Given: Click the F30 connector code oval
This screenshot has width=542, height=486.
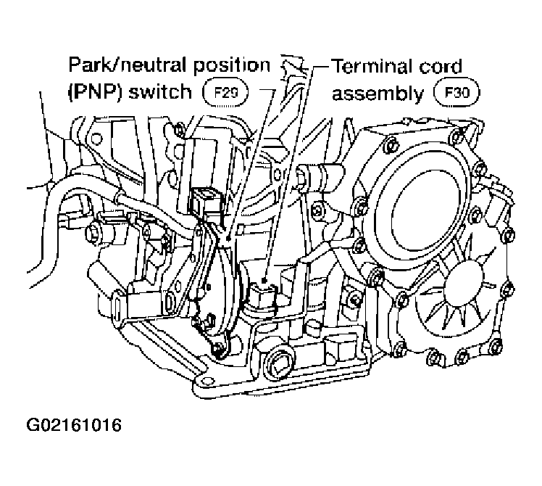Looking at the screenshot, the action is (457, 93).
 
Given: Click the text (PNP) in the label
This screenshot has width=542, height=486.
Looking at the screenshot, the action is (95, 92).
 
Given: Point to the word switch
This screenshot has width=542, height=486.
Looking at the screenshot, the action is (160, 91).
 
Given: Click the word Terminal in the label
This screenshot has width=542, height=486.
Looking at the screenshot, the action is (372, 66).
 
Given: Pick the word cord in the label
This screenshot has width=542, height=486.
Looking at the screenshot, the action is (441, 67).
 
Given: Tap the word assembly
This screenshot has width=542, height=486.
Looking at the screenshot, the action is (378, 94).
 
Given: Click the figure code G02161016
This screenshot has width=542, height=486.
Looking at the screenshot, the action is (74, 425).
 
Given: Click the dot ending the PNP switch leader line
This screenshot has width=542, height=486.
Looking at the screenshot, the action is (228, 238).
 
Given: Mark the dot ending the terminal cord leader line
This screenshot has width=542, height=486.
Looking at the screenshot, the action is (264, 281).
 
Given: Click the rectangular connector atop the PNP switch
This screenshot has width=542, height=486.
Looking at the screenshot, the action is (204, 202).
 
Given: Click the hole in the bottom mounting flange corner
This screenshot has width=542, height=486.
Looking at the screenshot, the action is (206, 381).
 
